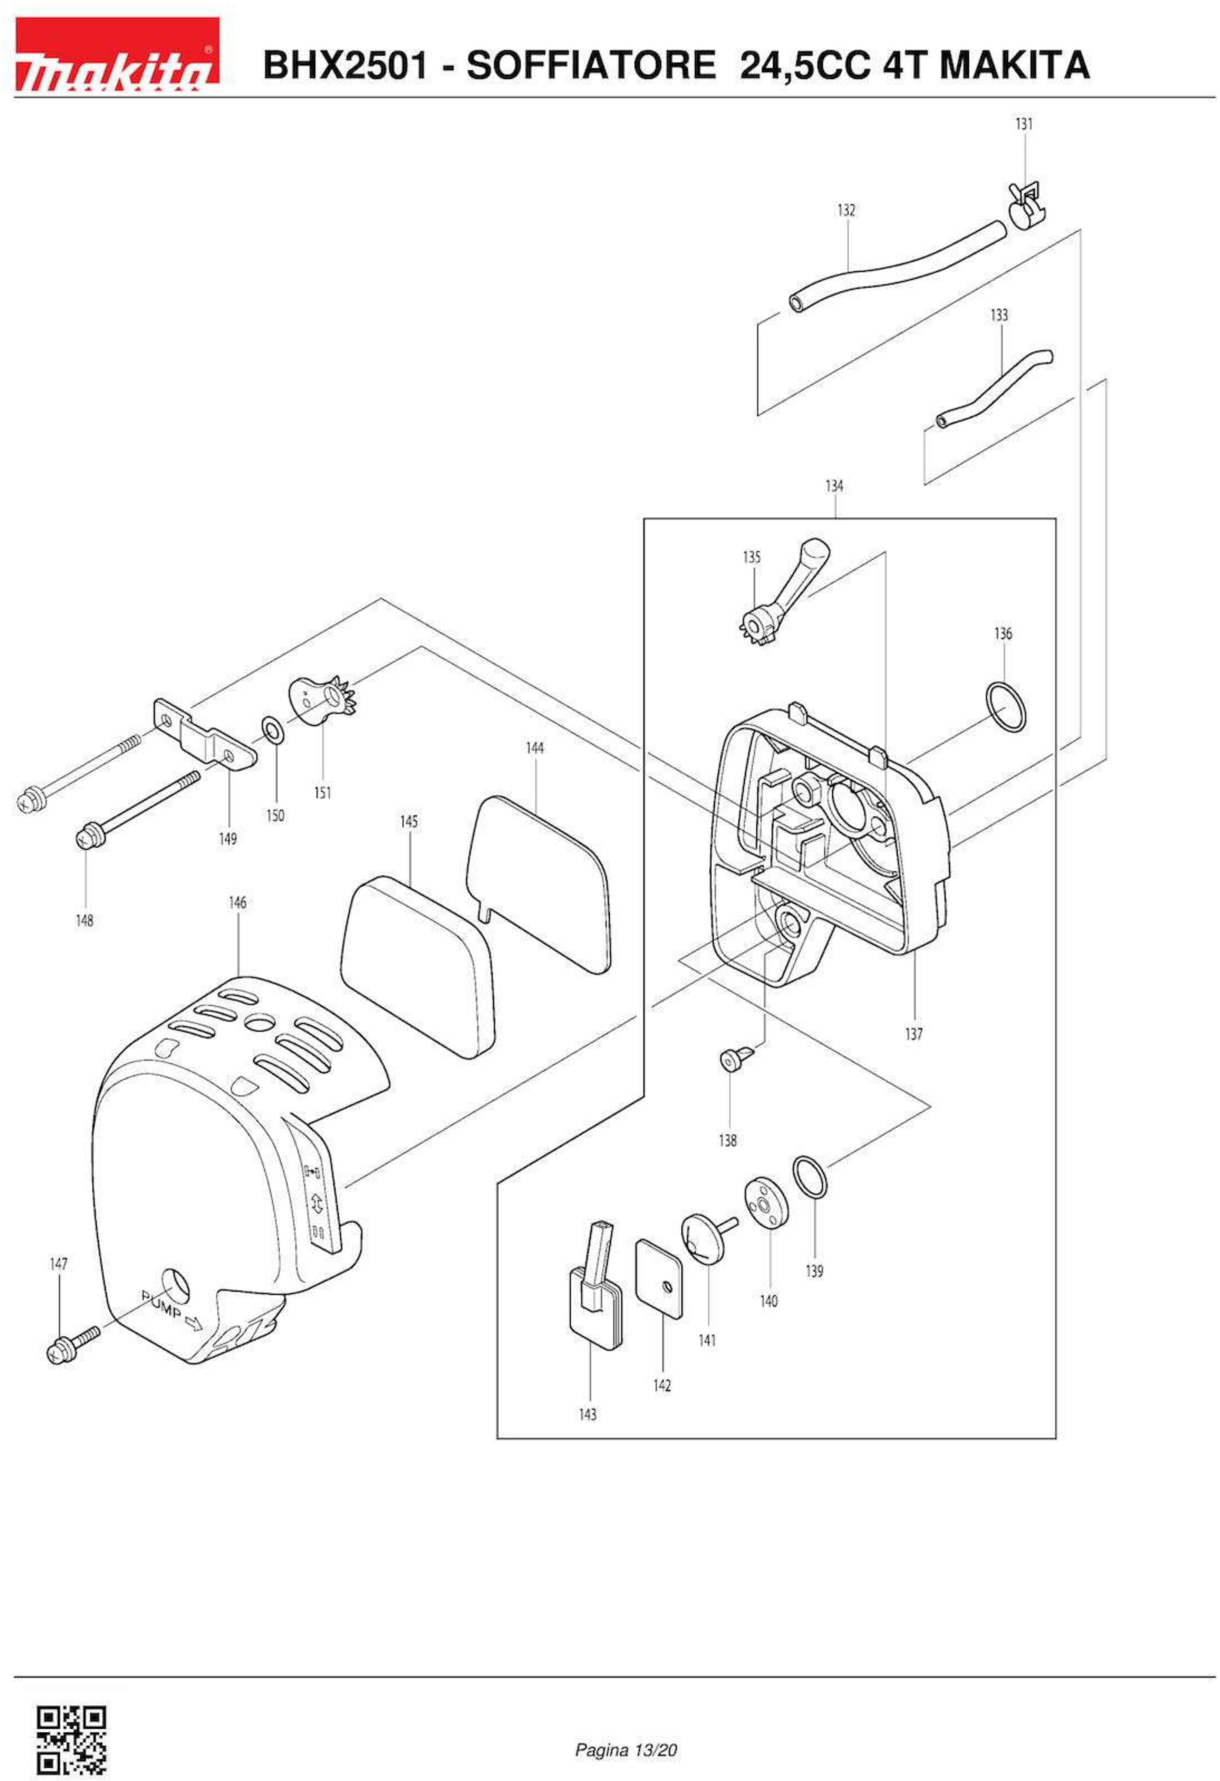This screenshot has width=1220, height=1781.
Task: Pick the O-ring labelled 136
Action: [x=1004, y=706]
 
